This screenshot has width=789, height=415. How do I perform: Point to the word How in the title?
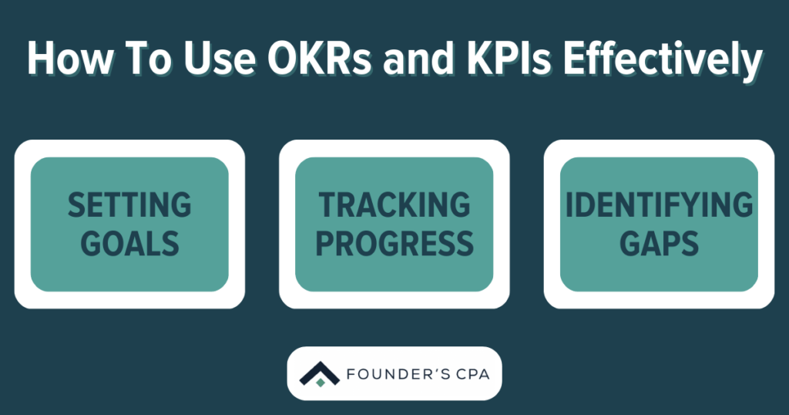(65, 59)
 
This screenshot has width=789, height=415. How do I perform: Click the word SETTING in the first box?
(129, 205)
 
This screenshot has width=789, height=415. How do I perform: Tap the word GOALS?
(129, 242)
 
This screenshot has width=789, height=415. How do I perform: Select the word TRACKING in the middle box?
(394, 205)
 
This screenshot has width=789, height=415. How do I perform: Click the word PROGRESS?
(394, 242)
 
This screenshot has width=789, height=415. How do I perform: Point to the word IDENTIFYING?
(659, 205)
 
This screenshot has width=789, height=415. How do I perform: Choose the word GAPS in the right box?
(659, 242)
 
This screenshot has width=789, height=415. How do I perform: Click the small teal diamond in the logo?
(321, 381)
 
